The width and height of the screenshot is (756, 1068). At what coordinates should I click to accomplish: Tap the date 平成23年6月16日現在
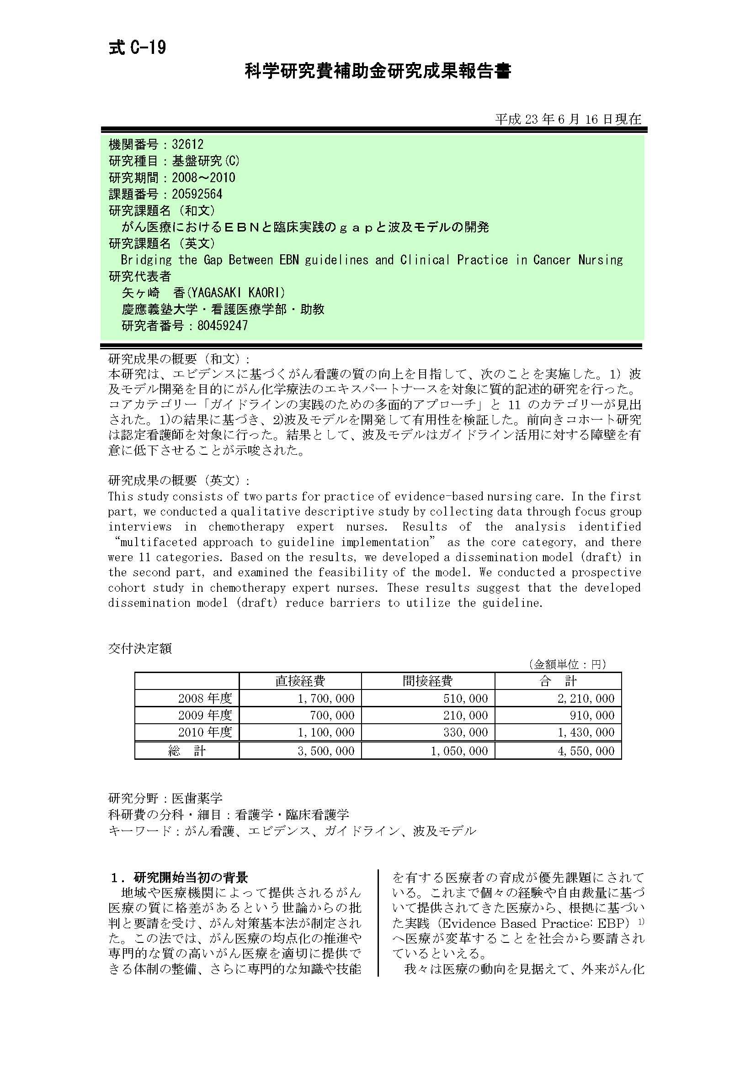(568, 119)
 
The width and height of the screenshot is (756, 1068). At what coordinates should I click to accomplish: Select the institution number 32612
(187, 144)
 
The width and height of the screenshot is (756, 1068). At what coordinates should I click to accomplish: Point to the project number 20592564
(197, 194)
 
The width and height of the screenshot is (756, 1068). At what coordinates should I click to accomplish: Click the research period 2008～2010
(203, 177)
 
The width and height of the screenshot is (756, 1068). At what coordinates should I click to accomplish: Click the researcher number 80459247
(222, 326)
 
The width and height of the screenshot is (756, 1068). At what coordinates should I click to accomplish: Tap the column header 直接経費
(300, 681)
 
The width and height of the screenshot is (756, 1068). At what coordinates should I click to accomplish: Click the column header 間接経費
(427, 681)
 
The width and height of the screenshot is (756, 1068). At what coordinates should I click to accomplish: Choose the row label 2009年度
(205, 715)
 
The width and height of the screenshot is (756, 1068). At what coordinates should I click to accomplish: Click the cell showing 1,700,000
(326, 698)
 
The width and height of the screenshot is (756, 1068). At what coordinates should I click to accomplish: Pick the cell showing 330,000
(465, 732)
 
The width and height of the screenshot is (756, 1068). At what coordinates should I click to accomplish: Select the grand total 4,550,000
(586, 751)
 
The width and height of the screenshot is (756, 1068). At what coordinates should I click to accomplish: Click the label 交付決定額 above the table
(140, 648)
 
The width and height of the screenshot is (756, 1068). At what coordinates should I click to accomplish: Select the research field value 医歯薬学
(197, 798)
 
